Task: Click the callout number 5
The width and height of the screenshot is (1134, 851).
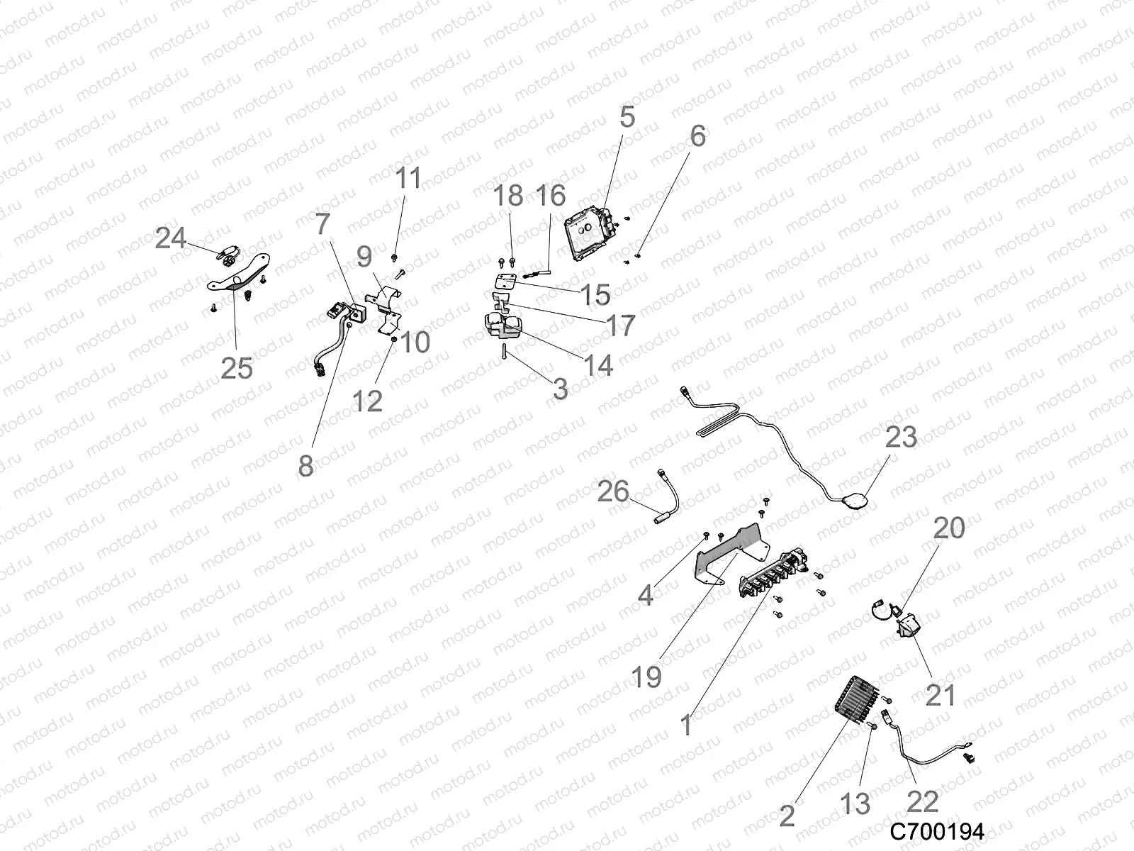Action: (627, 117)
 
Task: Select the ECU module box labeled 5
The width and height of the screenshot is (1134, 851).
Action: (587, 235)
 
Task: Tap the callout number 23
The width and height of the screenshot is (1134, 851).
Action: (901, 437)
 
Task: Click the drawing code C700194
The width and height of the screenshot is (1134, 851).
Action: (937, 831)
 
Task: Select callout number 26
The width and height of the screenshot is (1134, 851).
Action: (613, 491)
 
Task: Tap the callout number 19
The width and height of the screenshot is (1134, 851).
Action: (646, 677)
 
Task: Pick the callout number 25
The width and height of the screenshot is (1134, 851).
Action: (237, 368)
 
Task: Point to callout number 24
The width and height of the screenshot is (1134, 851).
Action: (171, 238)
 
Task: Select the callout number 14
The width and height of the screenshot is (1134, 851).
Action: (597, 365)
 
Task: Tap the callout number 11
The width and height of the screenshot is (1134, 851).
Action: (408, 178)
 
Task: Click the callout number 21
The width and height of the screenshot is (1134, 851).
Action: (941, 696)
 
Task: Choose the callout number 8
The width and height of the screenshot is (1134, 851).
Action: (305, 466)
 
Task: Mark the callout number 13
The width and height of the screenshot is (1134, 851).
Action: (855, 803)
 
